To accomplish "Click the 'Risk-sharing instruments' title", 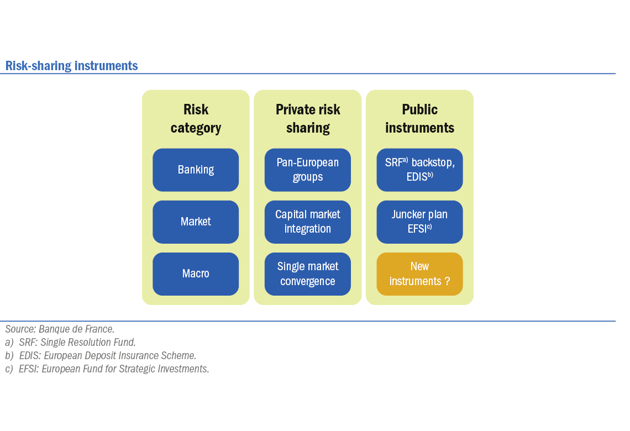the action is pyautogui.click(x=71, y=65).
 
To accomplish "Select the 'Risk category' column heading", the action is pyautogui.click(x=196, y=118).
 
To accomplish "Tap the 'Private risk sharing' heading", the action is pyautogui.click(x=308, y=118).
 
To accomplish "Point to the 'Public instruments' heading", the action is pyautogui.click(x=419, y=118).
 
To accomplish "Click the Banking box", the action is pyautogui.click(x=196, y=170).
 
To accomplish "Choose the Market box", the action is pyautogui.click(x=196, y=222).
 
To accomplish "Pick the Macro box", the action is pyautogui.click(x=196, y=274).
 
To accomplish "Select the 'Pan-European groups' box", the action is pyautogui.click(x=308, y=170).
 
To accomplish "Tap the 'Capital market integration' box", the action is pyautogui.click(x=308, y=222).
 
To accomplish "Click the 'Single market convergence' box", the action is pyautogui.click(x=308, y=274).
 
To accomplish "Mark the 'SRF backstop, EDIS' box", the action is pyautogui.click(x=419, y=170).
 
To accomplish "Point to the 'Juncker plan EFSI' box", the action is pyautogui.click(x=419, y=222).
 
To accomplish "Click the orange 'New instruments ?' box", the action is pyautogui.click(x=419, y=274).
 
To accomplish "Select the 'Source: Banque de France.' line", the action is pyautogui.click(x=60, y=329).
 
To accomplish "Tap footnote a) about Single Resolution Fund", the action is pyautogui.click(x=70, y=342).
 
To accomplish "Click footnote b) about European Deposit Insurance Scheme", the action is pyautogui.click(x=101, y=355).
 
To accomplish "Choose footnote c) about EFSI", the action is pyautogui.click(x=107, y=369).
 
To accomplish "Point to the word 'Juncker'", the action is pyautogui.click(x=406, y=214).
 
